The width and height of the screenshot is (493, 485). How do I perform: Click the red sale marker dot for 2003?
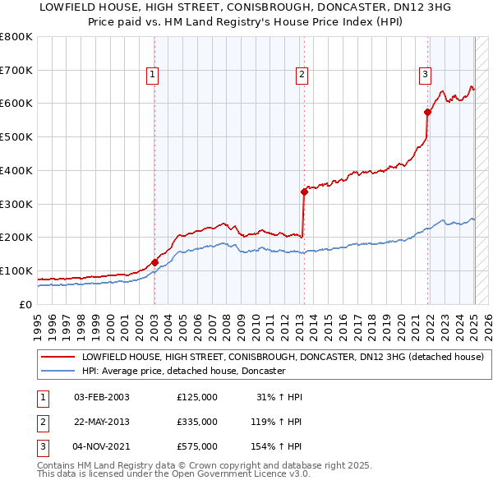(x=154, y=262)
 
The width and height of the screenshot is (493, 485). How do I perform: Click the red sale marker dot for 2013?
(x=304, y=192)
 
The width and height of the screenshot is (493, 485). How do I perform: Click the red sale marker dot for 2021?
(x=427, y=112)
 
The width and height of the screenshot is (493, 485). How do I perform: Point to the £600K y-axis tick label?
(x=16, y=104)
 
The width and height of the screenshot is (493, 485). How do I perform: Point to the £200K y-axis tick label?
(x=16, y=238)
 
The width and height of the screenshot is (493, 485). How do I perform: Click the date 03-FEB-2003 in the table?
(x=102, y=397)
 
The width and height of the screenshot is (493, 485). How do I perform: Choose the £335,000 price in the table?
(x=197, y=422)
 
